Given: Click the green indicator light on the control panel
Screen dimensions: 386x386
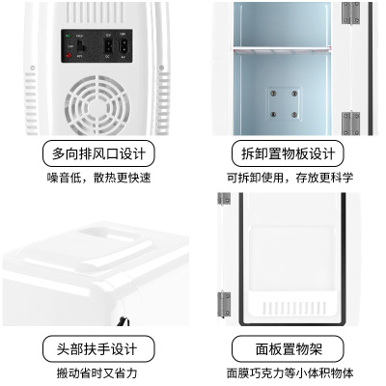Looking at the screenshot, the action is [68, 36].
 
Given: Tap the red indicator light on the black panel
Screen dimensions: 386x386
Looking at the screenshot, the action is [69, 56].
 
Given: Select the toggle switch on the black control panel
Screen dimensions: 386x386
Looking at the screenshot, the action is [81, 46].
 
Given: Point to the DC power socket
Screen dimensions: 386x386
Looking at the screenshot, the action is [108, 45].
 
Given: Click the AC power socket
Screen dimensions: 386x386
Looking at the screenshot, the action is [123, 45].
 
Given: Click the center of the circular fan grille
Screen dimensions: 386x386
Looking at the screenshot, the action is [97, 106].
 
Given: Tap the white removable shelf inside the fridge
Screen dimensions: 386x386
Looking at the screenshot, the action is [282, 49].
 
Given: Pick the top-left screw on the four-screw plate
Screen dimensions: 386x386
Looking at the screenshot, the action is [273, 94].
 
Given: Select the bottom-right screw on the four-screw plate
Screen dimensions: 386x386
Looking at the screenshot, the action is [294, 115].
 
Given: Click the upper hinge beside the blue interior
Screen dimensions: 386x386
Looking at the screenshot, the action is [350, 13].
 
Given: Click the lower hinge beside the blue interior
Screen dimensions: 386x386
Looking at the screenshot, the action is [350, 124].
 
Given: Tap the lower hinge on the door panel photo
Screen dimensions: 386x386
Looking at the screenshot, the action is [224, 304].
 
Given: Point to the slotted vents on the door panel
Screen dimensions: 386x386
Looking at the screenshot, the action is [294, 308].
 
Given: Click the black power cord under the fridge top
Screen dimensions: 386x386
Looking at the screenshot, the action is [124, 321].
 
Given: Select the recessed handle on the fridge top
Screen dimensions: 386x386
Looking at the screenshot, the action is [109, 234].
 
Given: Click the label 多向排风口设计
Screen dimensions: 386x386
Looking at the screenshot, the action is [98, 153].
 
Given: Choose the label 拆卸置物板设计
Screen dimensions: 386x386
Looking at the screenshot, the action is [288, 153].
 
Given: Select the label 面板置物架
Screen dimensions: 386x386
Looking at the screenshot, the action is [289, 349].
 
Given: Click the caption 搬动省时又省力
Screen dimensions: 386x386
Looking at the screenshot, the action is [97, 373].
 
